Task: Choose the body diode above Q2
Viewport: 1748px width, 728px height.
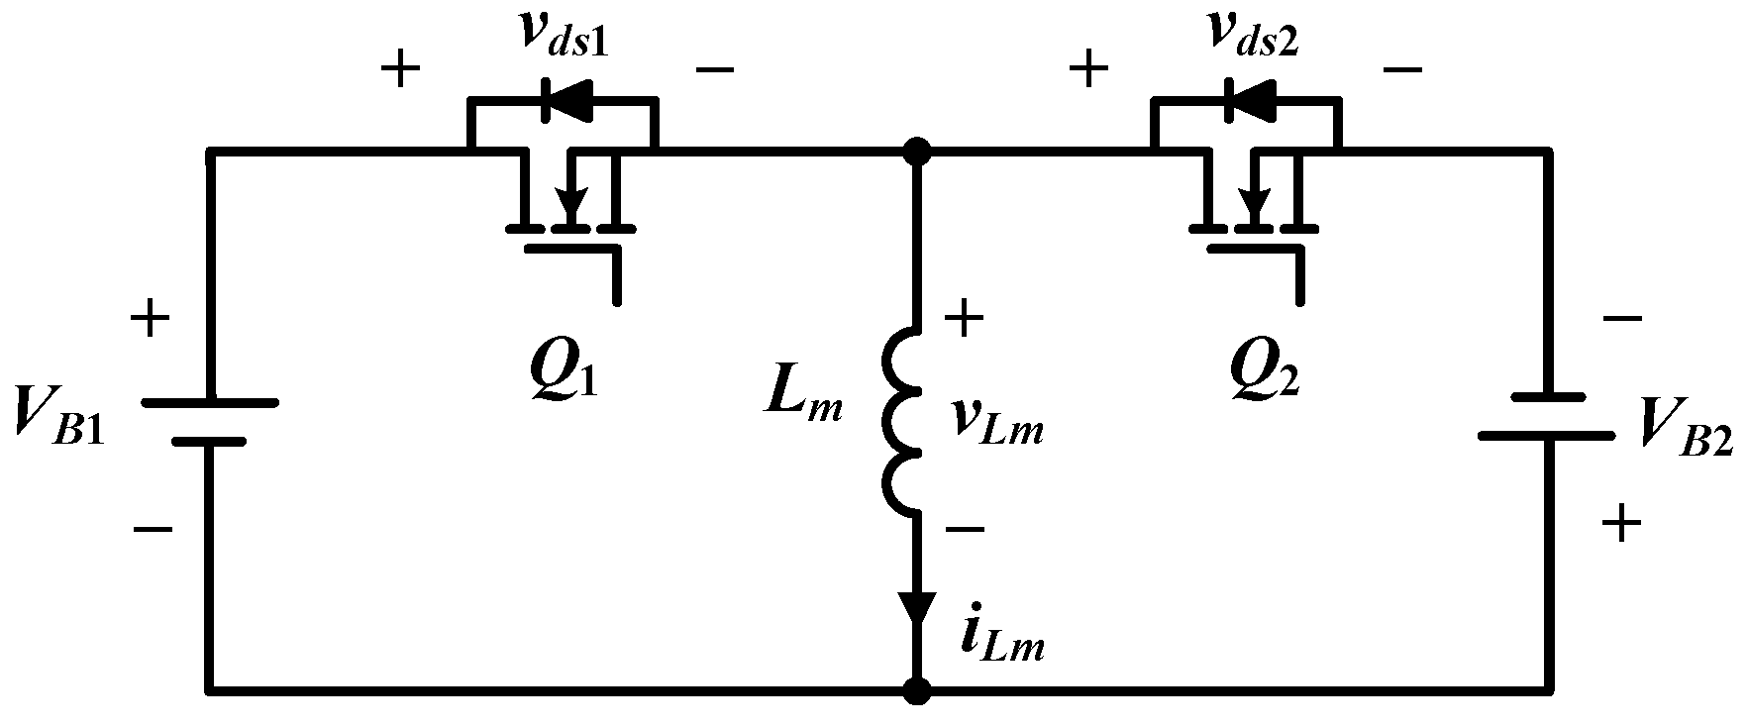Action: point(1244,98)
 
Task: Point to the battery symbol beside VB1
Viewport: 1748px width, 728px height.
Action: point(208,421)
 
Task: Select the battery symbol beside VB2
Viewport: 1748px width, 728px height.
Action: point(1545,416)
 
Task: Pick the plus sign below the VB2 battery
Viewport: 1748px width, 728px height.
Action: point(1620,522)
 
